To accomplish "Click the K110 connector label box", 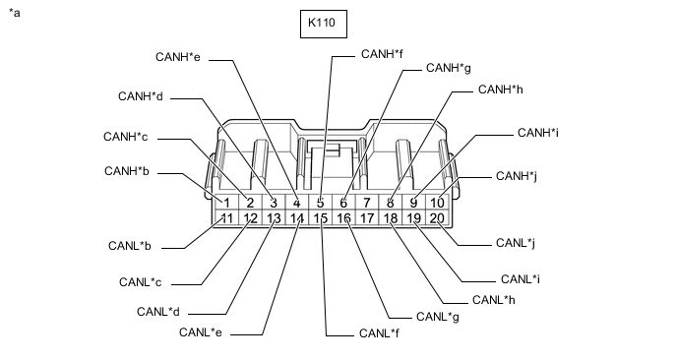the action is (324, 24).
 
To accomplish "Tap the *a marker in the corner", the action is (14, 13).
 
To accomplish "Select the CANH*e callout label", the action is (178, 57).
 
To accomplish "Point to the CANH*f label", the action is (382, 54).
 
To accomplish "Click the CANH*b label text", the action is (127, 171).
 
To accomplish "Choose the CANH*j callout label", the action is (517, 176).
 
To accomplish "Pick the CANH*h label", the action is (501, 90).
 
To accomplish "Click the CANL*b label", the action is (130, 246).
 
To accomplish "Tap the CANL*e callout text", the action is (201, 332).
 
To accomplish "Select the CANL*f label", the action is (379, 333).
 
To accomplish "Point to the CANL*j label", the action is (516, 243).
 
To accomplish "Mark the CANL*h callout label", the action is (494, 300).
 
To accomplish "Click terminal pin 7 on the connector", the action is (367, 203).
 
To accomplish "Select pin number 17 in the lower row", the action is (367, 218).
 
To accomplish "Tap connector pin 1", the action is (227, 203).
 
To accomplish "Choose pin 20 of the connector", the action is (437, 218).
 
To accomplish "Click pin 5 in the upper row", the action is (320, 203).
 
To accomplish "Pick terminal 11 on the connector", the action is (227, 218).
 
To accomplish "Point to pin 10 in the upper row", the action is (437, 203).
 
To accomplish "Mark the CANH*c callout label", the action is (125, 137).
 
